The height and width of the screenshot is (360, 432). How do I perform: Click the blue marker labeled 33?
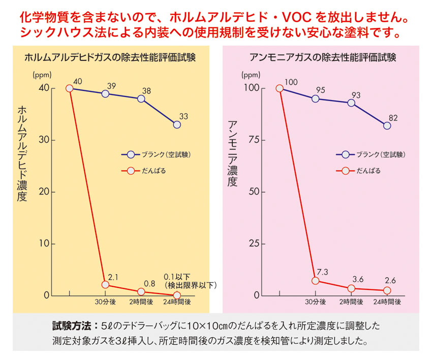click(x=177, y=124)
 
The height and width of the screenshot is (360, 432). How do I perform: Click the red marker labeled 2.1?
click(x=105, y=285)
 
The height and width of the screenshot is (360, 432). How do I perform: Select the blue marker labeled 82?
click(x=387, y=126)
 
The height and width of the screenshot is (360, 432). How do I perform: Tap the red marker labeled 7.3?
click(x=316, y=281)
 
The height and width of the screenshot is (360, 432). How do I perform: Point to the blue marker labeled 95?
click(x=316, y=99)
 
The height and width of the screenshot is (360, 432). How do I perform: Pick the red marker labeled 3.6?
click(x=351, y=288)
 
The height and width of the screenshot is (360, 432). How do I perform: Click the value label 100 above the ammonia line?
click(x=291, y=82)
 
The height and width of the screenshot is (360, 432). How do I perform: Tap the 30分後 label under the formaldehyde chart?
click(x=105, y=302)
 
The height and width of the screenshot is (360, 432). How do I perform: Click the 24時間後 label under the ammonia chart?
click(x=387, y=302)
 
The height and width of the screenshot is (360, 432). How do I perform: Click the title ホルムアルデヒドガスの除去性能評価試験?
click(x=110, y=57)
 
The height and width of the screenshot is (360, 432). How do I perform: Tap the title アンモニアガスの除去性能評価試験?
click(x=323, y=57)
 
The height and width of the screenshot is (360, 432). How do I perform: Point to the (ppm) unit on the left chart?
click(x=43, y=75)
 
